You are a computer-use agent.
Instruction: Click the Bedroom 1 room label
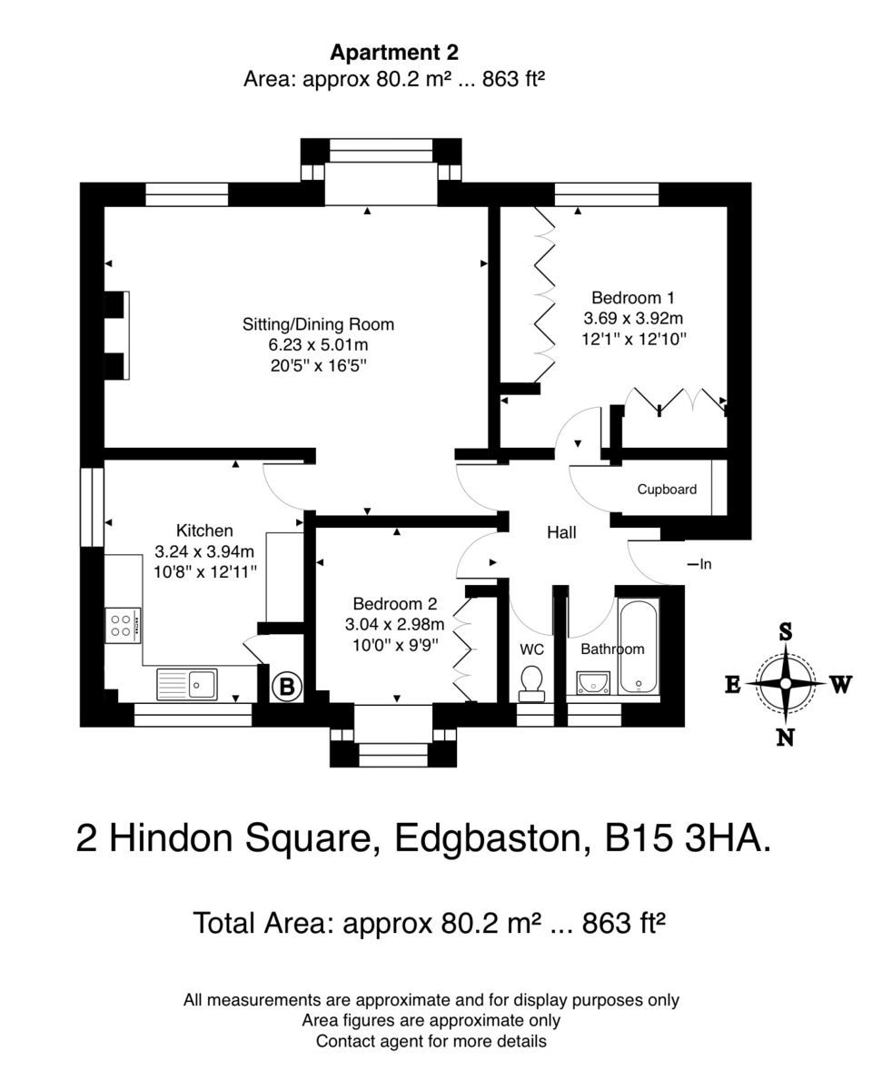[633, 297]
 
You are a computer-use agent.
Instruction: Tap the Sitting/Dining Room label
[318, 324]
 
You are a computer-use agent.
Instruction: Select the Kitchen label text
[204, 530]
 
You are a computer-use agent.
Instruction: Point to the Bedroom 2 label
[395, 604]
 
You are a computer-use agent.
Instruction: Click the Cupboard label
[667, 490]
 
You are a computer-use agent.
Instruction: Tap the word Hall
[561, 532]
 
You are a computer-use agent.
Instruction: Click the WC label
[531, 649]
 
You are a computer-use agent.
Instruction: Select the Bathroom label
[612, 649]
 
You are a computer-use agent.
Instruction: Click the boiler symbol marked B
[287, 686]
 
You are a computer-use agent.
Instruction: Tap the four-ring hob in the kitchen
[123, 625]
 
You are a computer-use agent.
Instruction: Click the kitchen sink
[187, 684]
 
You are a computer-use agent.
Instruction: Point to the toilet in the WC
[532, 683]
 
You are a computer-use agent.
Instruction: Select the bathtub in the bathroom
[638, 647]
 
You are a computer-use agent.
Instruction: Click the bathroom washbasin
[593, 683]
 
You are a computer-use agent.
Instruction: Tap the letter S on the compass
[786, 632]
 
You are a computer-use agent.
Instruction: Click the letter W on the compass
[840, 684]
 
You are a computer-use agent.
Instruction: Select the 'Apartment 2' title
[394, 52]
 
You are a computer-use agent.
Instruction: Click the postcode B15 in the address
[639, 838]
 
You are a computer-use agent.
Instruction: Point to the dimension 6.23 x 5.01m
[318, 345]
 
